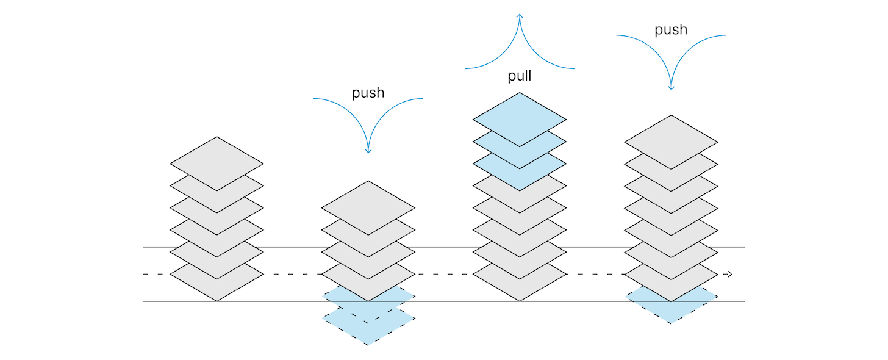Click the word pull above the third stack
[520, 76]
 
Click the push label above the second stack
[368, 93]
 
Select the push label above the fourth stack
[671, 30]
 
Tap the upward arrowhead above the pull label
[520, 16]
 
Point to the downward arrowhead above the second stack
[368, 150]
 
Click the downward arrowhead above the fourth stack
[671, 87]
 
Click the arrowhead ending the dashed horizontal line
[729, 275]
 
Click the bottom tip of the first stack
[217, 301]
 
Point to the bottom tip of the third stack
[520, 301]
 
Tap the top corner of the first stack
[217, 137]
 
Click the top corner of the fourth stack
[671, 115]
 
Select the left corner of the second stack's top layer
[323, 208]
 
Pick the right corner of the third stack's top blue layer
[565, 120]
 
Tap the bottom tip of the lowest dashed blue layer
[368, 345]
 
